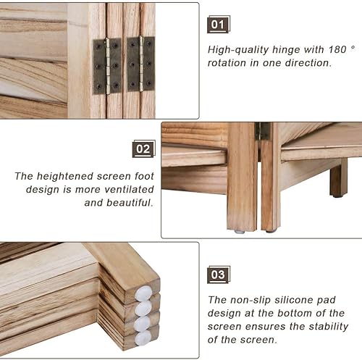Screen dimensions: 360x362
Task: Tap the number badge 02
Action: pyautogui.click(x=143, y=150)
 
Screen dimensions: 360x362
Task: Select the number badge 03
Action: pyautogui.click(x=218, y=275)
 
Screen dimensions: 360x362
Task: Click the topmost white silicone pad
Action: pyautogui.click(x=144, y=293)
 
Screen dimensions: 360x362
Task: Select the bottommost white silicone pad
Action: pyautogui.click(x=143, y=338)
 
